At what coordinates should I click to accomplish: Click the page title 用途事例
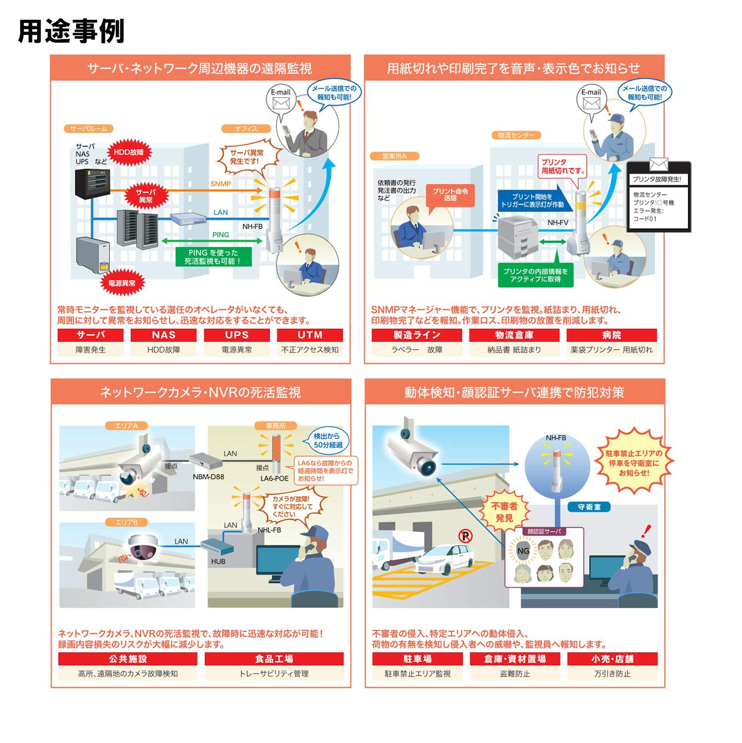(x=71, y=31)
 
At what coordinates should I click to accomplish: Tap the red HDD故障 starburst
(x=129, y=153)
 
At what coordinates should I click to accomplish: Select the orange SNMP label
(x=220, y=184)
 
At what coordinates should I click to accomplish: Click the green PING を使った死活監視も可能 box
(x=213, y=257)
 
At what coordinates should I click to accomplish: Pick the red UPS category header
(x=237, y=335)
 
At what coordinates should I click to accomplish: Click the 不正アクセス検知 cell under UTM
(x=310, y=350)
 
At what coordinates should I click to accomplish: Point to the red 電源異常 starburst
(x=122, y=283)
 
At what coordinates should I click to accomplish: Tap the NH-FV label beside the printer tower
(x=558, y=223)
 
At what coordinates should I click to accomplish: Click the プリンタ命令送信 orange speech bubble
(x=450, y=195)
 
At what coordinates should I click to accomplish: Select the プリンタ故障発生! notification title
(x=657, y=179)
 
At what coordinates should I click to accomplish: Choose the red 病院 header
(x=612, y=335)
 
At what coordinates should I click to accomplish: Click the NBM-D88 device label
(x=208, y=477)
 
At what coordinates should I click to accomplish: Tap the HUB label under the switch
(x=218, y=561)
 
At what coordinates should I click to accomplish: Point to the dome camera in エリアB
(x=143, y=547)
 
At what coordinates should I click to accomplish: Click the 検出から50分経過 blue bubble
(x=328, y=440)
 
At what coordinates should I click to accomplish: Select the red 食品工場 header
(x=274, y=659)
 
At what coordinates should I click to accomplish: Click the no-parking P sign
(x=465, y=535)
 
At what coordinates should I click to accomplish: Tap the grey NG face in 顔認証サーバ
(x=523, y=551)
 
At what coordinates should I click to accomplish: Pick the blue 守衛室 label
(x=589, y=507)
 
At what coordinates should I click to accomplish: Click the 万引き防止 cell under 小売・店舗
(x=612, y=674)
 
